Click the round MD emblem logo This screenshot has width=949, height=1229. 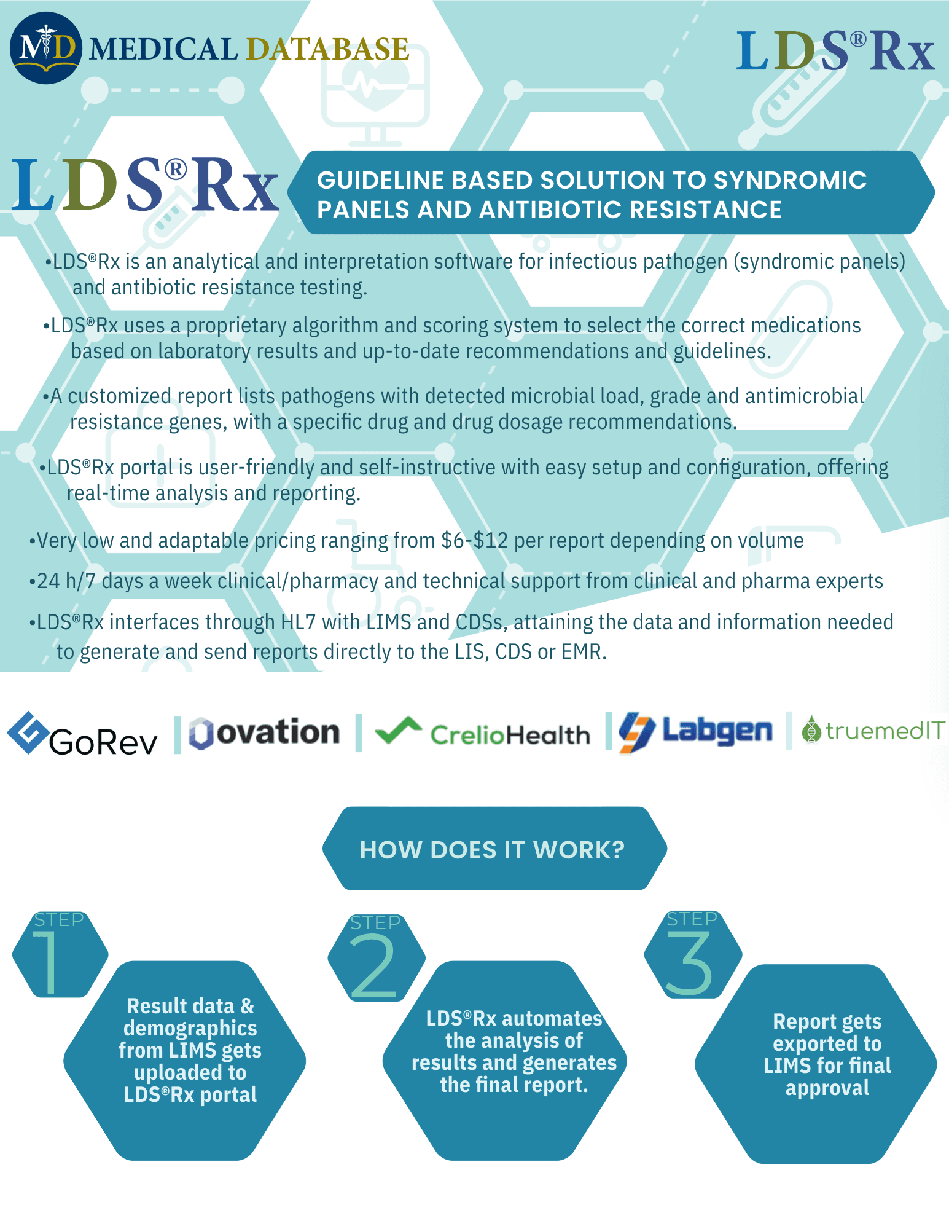pyautogui.click(x=45, y=48)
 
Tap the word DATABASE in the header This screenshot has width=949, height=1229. pyautogui.click(x=327, y=50)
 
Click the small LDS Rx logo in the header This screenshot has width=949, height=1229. pyautogui.click(x=835, y=51)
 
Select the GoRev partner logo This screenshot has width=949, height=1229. pyautogui.click(x=82, y=734)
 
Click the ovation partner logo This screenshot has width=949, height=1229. pyautogui.click(x=264, y=733)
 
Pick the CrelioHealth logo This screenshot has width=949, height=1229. pyautogui.click(x=482, y=732)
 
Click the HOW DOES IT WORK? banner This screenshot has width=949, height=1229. pyautogui.click(x=493, y=849)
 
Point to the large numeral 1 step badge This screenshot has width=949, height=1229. pyautogui.click(x=60, y=954)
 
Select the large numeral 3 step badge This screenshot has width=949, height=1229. pyautogui.click(x=692, y=954)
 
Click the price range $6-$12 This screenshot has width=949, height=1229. pyautogui.click(x=474, y=541)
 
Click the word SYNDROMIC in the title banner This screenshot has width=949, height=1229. pyautogui.click(x=790, y=181)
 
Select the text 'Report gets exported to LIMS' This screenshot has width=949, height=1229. pyautogui.click(x=827, y=1043)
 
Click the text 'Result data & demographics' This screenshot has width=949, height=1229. pyautogui.click(x=190, y=1017)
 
